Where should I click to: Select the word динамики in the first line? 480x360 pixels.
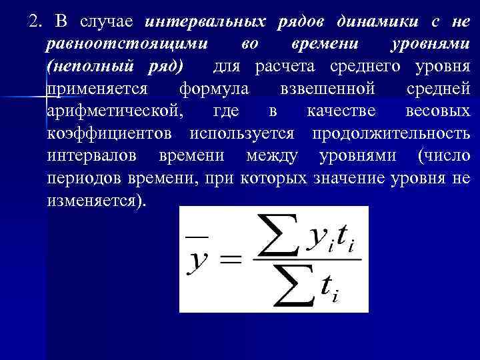(371, 21)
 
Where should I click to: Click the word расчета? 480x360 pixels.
(293, 67)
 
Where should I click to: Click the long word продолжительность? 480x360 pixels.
(391, 133)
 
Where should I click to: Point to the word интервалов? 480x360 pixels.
(99, 156)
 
